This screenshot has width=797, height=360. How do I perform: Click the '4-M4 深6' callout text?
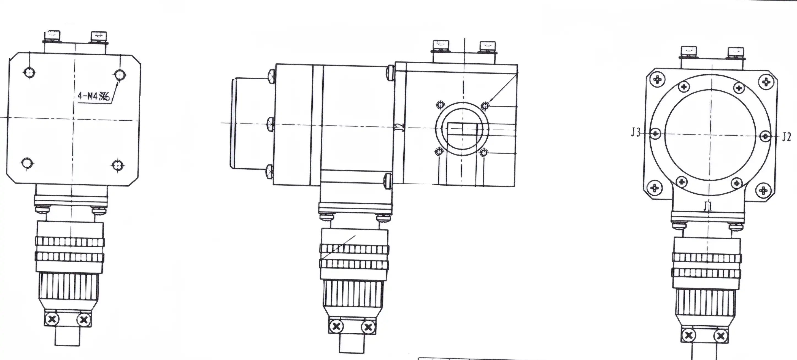pos(93,96)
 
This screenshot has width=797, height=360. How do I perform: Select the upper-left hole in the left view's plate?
pos(29,73)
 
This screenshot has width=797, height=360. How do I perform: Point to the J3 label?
pos(636,133)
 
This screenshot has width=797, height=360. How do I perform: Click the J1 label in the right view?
pos(707,206)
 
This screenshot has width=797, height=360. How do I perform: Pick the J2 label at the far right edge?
pos(787,136)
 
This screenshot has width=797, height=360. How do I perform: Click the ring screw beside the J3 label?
pos(655,134)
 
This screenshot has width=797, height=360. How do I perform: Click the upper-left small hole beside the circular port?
pos(440,105)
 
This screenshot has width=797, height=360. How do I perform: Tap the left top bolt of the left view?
pos(53,36)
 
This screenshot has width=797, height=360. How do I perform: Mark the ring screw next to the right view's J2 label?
pos(765,136)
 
